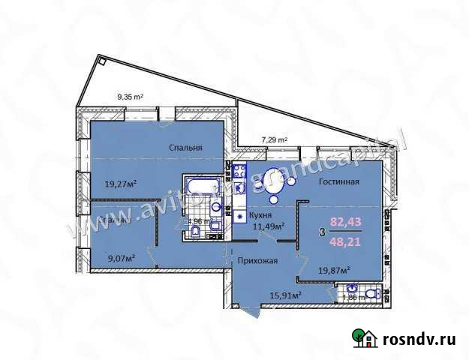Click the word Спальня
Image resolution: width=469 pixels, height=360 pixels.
pos(186,148)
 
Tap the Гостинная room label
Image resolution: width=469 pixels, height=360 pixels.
pos(338,181)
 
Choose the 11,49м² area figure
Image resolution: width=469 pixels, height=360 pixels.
pos(269,226)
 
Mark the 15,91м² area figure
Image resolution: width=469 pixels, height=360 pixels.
pos(286,295)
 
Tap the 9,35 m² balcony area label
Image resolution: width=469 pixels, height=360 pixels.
pos(131,95)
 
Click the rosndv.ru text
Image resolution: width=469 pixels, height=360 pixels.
pos(421,340)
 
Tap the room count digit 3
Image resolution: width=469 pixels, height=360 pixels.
pos(322,232)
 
